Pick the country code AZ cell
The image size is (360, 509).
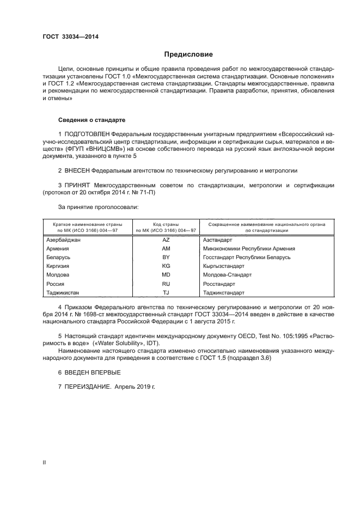166,239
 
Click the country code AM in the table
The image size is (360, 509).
166,248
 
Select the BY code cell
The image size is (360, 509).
166,257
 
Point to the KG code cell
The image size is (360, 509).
166,266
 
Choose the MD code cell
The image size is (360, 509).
166,275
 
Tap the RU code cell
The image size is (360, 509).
166,284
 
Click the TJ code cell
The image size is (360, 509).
166,292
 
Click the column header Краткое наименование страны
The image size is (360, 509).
87,224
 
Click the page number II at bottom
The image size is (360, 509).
45,462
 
